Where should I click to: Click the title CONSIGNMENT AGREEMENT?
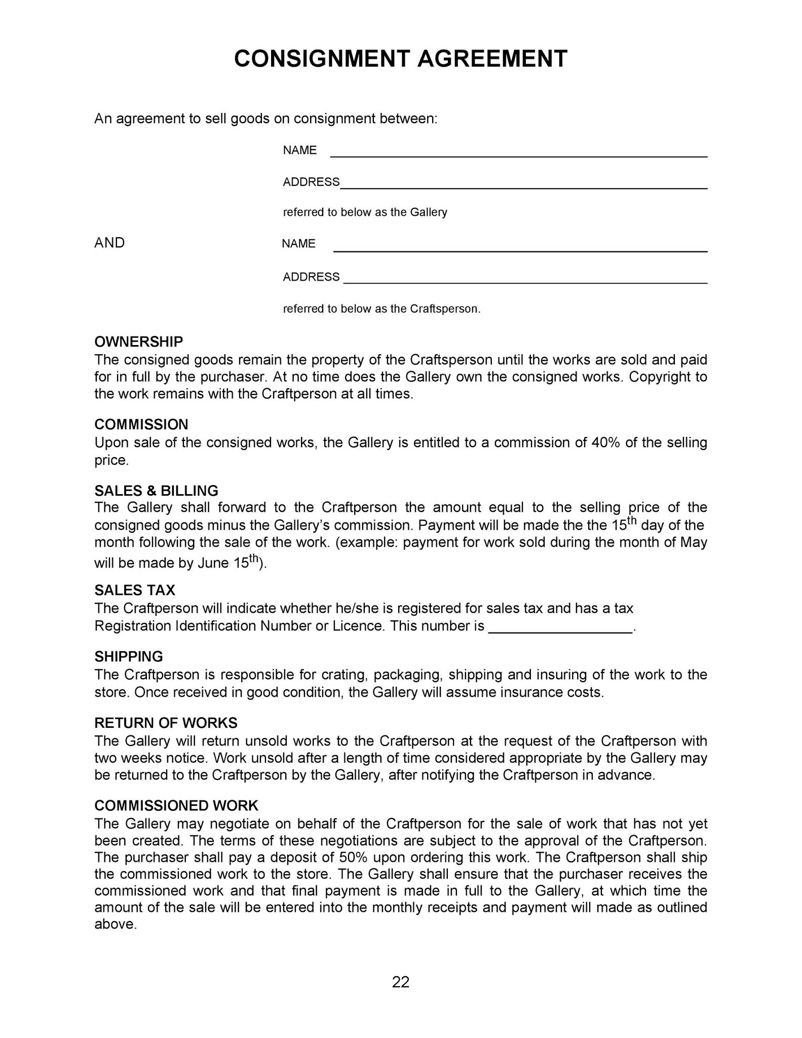click(400, 59)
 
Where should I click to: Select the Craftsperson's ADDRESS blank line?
click(525, 279)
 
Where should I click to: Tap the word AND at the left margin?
click(109, 243)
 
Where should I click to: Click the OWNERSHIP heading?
click(138, 342)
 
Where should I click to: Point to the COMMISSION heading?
click(141, 424)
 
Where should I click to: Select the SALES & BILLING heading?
click(156, 491)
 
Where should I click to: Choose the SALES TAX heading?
click(135, 590)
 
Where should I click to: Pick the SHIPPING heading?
click(129, 656)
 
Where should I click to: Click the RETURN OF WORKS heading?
click(166, 723)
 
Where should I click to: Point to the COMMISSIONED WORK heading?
click(176, 805)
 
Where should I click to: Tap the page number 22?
click(400, 982)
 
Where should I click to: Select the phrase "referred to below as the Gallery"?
click(365, 212)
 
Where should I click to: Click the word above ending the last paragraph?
click(115, 924)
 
